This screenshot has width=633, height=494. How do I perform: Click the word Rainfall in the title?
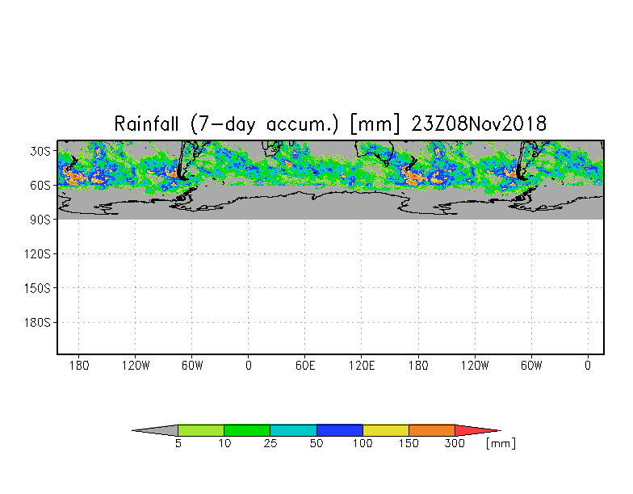[146, 123]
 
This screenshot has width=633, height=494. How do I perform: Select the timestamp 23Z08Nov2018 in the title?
[479, 123]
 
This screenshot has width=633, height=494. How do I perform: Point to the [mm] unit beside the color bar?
[501, 443]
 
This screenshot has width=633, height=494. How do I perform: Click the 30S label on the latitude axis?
[40, 152]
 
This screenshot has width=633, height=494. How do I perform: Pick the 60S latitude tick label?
[40, 186]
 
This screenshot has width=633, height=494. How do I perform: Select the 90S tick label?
[40, 220]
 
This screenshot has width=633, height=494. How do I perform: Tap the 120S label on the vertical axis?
[37, 254]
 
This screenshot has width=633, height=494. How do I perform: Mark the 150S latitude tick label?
[37, 289]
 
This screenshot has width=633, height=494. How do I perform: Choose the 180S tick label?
[37, 323]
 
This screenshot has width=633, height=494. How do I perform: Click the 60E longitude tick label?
[305, 366]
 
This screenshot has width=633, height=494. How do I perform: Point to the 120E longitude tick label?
[362, 366]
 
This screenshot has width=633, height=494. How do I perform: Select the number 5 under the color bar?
[178, 443]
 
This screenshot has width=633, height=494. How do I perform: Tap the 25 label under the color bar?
[270, 443]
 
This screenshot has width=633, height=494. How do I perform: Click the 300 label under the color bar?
[455, 443]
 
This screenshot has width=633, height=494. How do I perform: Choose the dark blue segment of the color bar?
[339, 430]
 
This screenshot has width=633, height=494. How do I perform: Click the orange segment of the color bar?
[432, 430]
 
